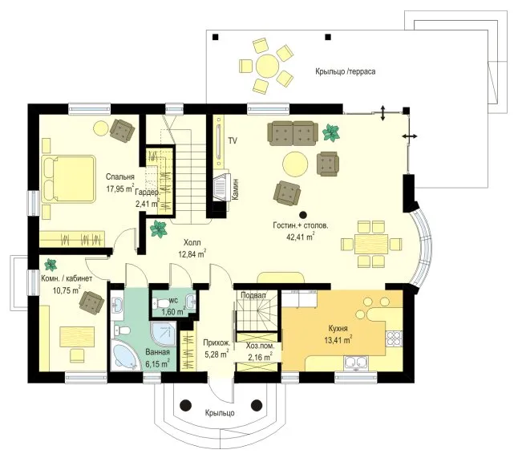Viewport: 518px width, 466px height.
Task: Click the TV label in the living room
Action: [233, 141]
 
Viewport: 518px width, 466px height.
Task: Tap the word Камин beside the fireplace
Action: [235, 190]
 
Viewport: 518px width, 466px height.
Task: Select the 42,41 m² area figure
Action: [300, 237]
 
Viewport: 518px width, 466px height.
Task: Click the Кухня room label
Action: [338, 329]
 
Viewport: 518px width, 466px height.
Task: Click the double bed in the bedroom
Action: [68, 179]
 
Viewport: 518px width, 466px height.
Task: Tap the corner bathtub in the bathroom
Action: [123, 355]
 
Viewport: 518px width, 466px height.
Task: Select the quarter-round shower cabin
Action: [164, 334]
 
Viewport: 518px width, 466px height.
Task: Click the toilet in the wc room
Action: [160, 302]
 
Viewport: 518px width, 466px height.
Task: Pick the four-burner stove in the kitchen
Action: [395, 338]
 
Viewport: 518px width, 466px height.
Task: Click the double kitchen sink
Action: [356, 363]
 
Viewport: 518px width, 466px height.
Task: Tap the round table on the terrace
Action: [267, 66]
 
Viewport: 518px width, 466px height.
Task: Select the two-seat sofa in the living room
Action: [293, 133]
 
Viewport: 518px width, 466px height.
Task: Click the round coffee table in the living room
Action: [295, 164]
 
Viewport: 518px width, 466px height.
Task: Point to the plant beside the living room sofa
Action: [331, 132]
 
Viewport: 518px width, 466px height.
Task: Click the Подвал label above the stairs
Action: [253, 295]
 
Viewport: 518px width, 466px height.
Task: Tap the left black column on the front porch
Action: [186, 405]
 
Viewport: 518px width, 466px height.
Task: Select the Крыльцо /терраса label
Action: [346, 71]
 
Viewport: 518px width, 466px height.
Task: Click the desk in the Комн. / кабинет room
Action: [77, 337]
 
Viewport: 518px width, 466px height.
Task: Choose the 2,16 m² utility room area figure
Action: [261, 356]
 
